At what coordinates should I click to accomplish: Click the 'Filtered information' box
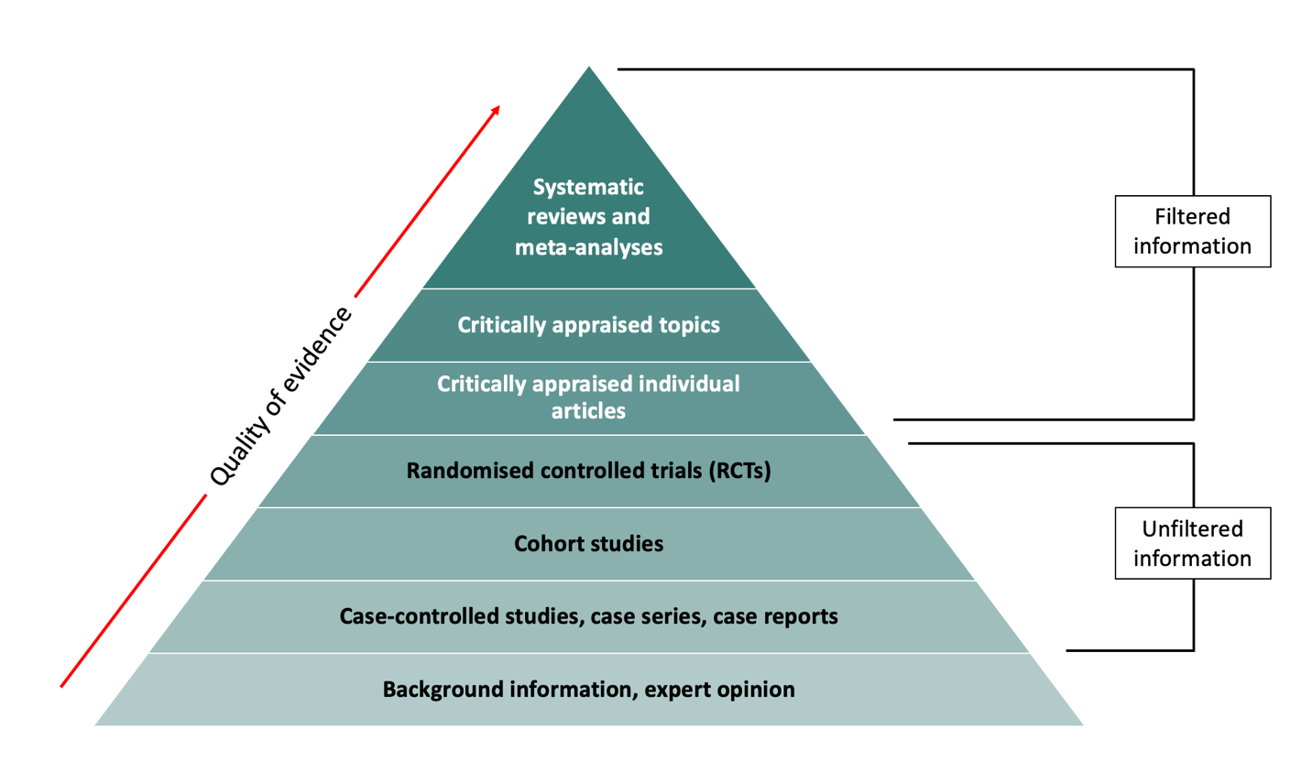pyautogui.click(x=1192, y=231)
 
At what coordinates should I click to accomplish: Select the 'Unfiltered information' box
pyautogui.click(x=1192, y=543)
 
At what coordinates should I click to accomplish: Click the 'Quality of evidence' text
pyautogui.click(x=280, y=397)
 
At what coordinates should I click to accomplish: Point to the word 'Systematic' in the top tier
pyautogui.click(x=588, y=187)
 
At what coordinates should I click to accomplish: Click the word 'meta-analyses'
pyautogui.click(x=588, y=247)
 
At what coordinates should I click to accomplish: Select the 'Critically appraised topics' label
pyautogui.click(x=588, y=325)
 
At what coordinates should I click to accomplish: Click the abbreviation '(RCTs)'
pyautogui.click(x=739, y=471)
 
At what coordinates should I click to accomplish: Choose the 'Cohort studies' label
pyautogui.click(x=588, y=544)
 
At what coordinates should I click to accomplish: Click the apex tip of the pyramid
pyautogui.click(x=589, y=70)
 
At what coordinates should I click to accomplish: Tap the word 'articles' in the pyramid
pyautogui.click(x=588, y=411)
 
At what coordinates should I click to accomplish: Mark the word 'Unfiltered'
pyautogui.click(x=1192, y=528)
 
